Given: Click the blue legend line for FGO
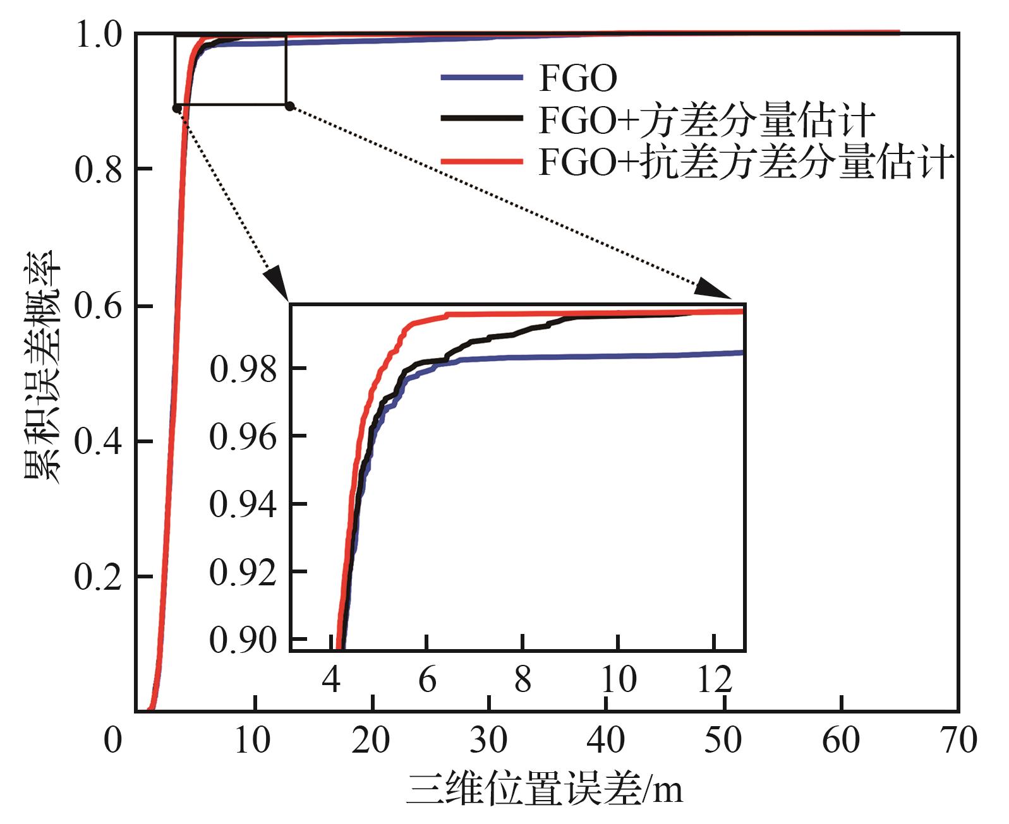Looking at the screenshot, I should click(481, 78).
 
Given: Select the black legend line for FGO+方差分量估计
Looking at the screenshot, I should click(481, 119).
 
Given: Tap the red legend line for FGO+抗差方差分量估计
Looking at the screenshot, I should click(481, 162).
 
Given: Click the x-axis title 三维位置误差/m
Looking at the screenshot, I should click(544, 790).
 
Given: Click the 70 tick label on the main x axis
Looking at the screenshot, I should click(958, 740).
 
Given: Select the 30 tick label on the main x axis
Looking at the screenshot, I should click(489, 740).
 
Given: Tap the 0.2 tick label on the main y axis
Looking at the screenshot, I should click(98, 576).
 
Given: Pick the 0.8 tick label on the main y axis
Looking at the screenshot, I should click(98, 169).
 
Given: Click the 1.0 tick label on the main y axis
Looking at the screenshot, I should click(98, 35).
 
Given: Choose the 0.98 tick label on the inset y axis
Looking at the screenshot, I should click(243, 369).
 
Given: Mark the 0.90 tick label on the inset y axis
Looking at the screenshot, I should click(243, 640).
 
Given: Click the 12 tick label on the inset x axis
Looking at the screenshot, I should click(715, 680).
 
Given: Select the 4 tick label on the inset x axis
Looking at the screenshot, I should click(332, 680).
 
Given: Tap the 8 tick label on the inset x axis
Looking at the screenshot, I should click(523, 680).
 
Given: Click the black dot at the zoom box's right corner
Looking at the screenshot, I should click(289, 106).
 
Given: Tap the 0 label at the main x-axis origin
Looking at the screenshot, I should click(112, 740).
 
